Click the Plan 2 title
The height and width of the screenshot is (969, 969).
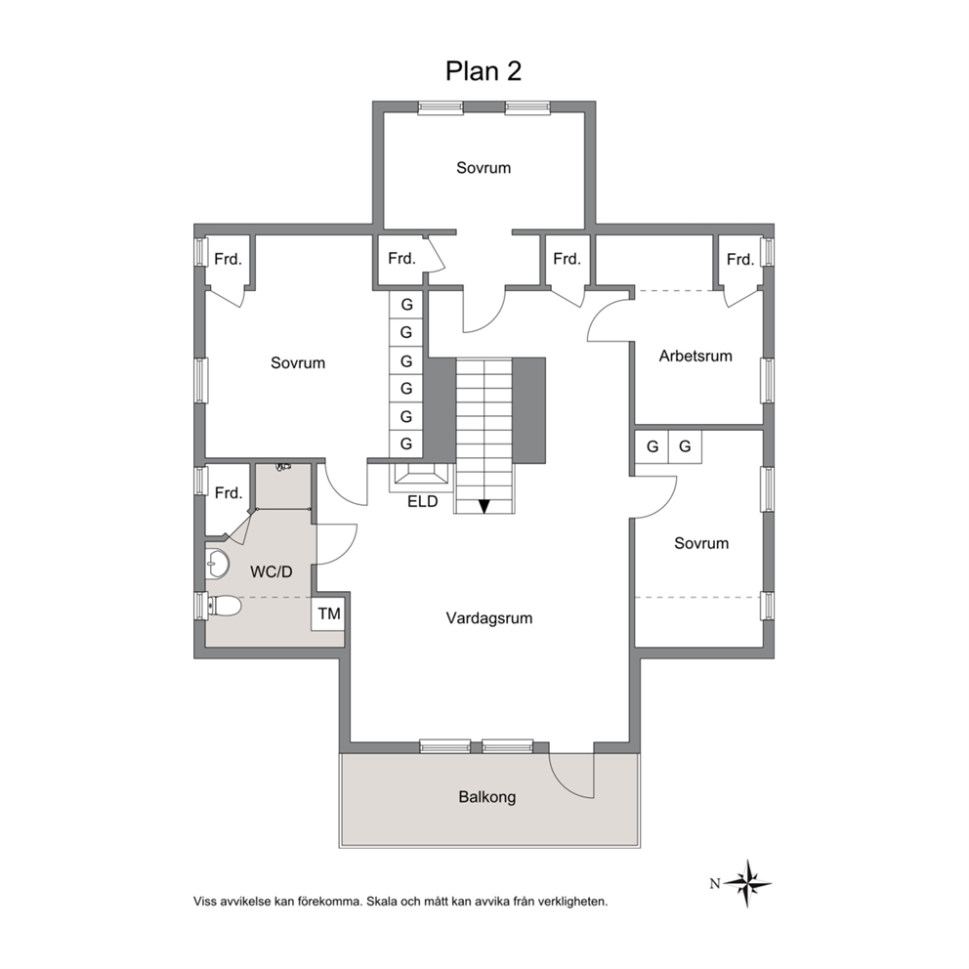(484, 71)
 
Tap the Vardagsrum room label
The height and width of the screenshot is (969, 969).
(488, 618)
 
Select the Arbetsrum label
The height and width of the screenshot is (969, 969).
(695, 356)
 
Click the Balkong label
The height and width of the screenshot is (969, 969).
(487, 797)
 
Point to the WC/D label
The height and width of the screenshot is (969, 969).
(272, 571)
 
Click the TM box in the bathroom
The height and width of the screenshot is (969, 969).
(329, 613)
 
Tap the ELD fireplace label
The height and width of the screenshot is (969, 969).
(423, 501)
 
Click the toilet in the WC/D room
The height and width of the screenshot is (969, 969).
(225, 606)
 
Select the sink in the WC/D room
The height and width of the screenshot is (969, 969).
(216, 563)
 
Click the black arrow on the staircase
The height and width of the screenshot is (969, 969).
(484, 506)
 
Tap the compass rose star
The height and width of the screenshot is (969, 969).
(748, 883)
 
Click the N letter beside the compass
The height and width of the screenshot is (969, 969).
(714, 884)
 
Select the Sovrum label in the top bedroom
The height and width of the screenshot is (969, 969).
(484, 168)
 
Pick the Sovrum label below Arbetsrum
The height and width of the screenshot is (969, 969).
(700, 543)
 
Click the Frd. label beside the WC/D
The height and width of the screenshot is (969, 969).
(228, 493)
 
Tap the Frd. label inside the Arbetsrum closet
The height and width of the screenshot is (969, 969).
(739, 260)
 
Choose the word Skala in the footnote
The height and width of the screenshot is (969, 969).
(382, 902)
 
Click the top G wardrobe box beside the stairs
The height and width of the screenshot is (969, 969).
(406, 305)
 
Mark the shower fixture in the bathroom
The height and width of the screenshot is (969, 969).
(283, 467)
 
